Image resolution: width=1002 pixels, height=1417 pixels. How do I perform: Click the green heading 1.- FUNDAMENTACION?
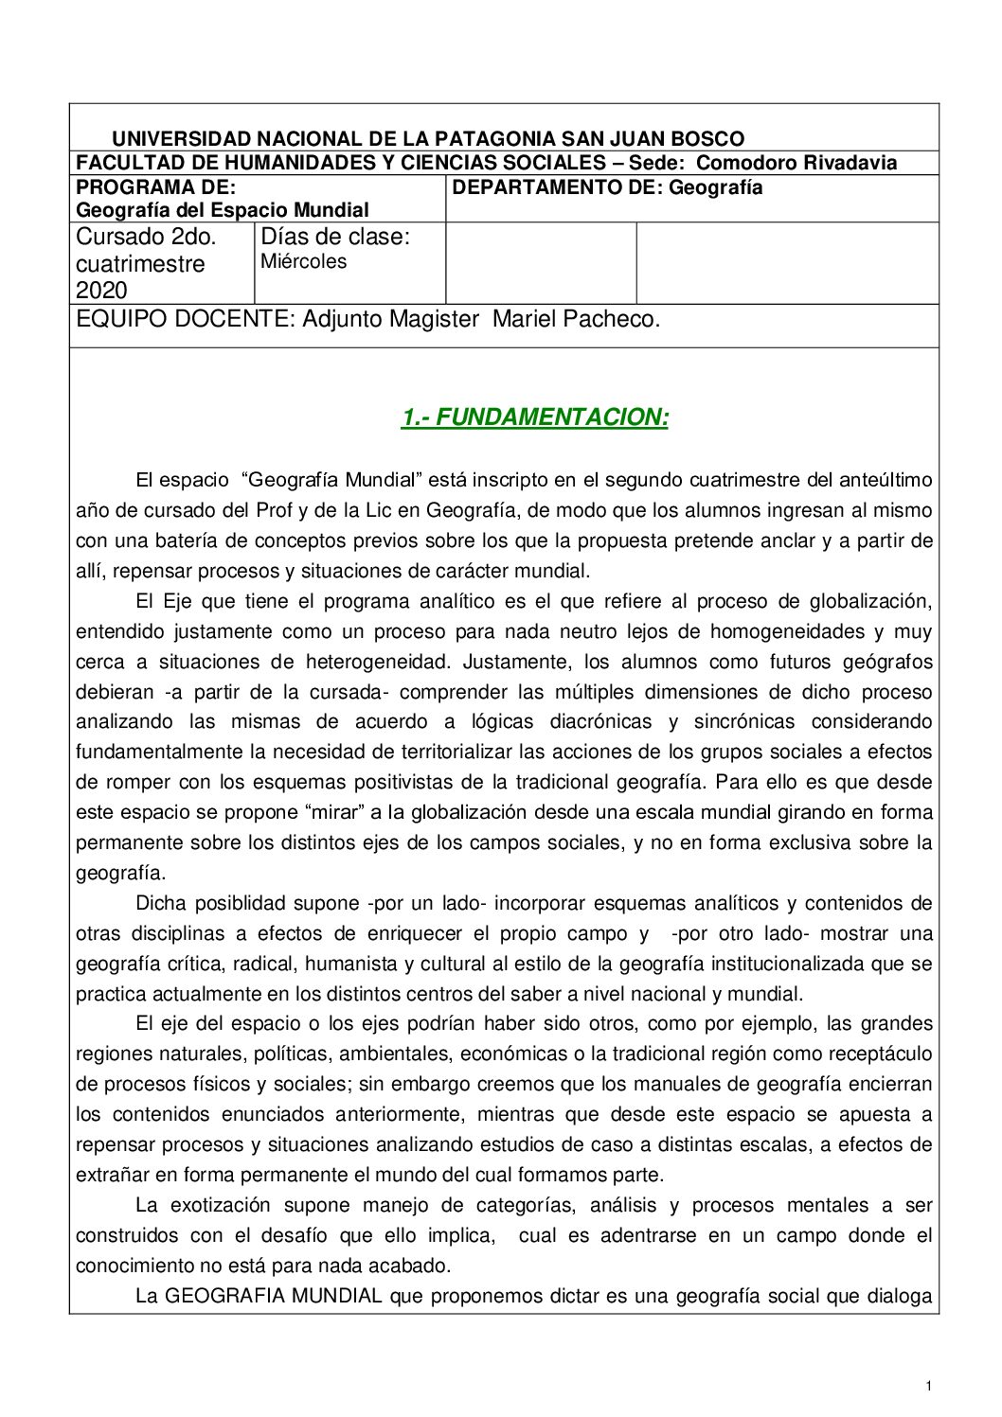pyautogui.click(x=535, y=417)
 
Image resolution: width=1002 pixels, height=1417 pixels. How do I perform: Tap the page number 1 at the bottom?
pyautogui.click(x=929, y=1387)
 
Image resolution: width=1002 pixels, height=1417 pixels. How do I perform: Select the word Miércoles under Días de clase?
pyautogui.click(x=303, y=261)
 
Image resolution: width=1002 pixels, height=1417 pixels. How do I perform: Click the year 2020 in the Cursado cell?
pyautogui.click(x=101, y=290)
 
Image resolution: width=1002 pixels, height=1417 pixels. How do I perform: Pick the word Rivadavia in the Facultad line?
pyautogui.click(x=850, y=163)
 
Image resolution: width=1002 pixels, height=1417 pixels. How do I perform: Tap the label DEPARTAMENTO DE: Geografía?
pyautogui.click(x=607, y=187)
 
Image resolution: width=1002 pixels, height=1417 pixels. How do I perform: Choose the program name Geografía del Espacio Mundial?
pyautogui.click(x=223, y=210)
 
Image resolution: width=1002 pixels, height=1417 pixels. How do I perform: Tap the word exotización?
pyautogui.click(x=220, y=1206)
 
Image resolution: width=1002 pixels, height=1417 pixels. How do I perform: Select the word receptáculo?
pyautogui.click(x=880, y=1054)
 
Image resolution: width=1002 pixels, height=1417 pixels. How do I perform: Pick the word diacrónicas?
pyautogui.click(x=600, y=722)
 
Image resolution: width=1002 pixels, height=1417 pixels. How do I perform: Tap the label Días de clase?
pyautogui.click(x=335, y=237)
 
